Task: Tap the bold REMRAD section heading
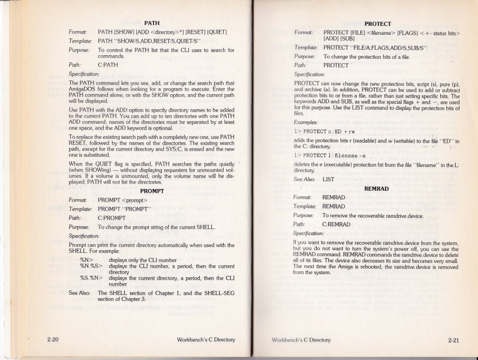pos(377,188)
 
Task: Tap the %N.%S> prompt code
pos(92,267)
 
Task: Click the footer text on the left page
pos(206,340)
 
